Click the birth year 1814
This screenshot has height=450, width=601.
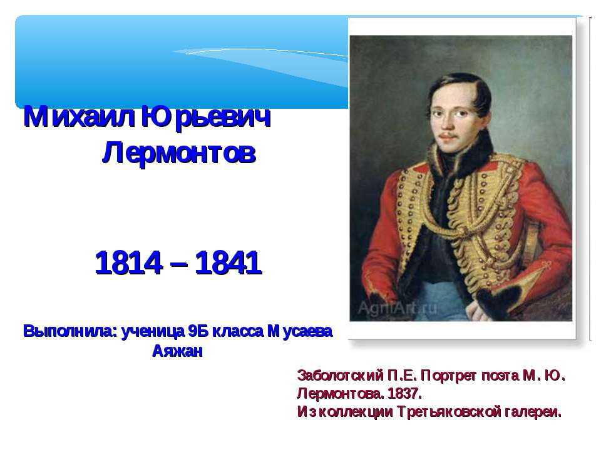click(125, 265)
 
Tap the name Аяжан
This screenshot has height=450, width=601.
click(178, 351)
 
